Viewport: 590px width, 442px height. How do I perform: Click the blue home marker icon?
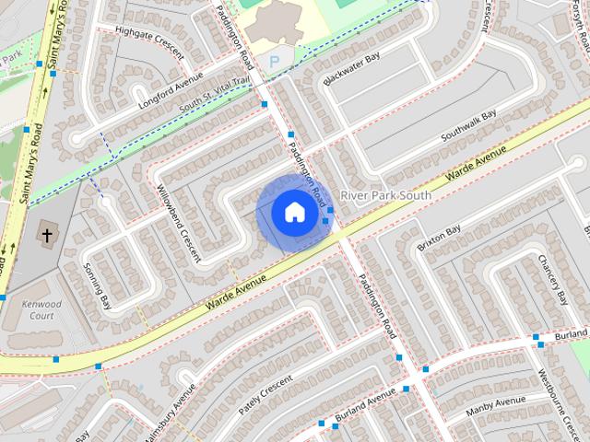[293, 212]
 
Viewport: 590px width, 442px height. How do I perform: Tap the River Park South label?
[385, 196]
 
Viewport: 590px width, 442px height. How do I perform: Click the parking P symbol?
[274, 60]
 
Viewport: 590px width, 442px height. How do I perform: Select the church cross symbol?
[46, 236]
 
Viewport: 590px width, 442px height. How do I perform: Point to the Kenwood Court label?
[43, 309]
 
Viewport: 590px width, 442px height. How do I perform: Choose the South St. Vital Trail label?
[214, 95]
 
